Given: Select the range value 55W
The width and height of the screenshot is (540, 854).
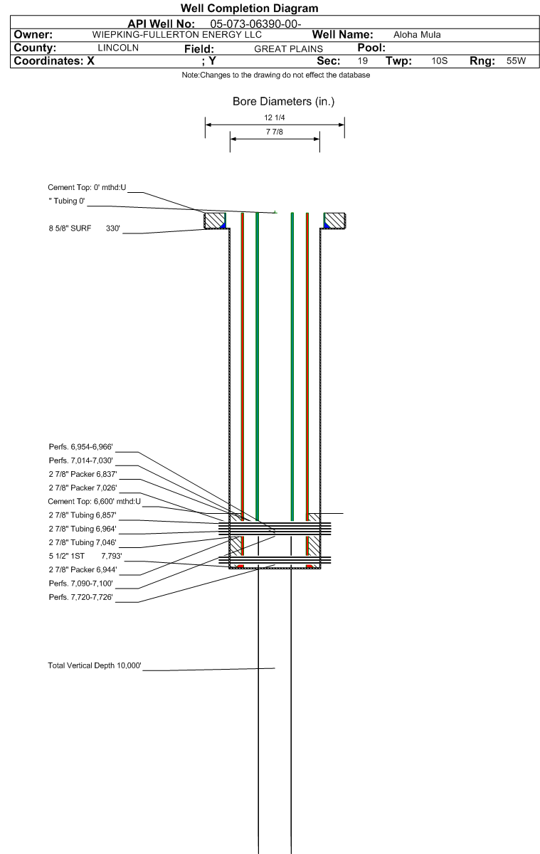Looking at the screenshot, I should pos(514,61).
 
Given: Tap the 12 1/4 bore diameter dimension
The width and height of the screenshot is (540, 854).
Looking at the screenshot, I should pos(274,117).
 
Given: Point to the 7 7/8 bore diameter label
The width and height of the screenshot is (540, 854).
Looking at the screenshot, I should pos(274,134).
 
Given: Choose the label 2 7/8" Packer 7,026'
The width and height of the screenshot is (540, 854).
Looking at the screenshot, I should pos(82,487).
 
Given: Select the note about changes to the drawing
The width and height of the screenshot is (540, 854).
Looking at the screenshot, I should pos(272,76).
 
